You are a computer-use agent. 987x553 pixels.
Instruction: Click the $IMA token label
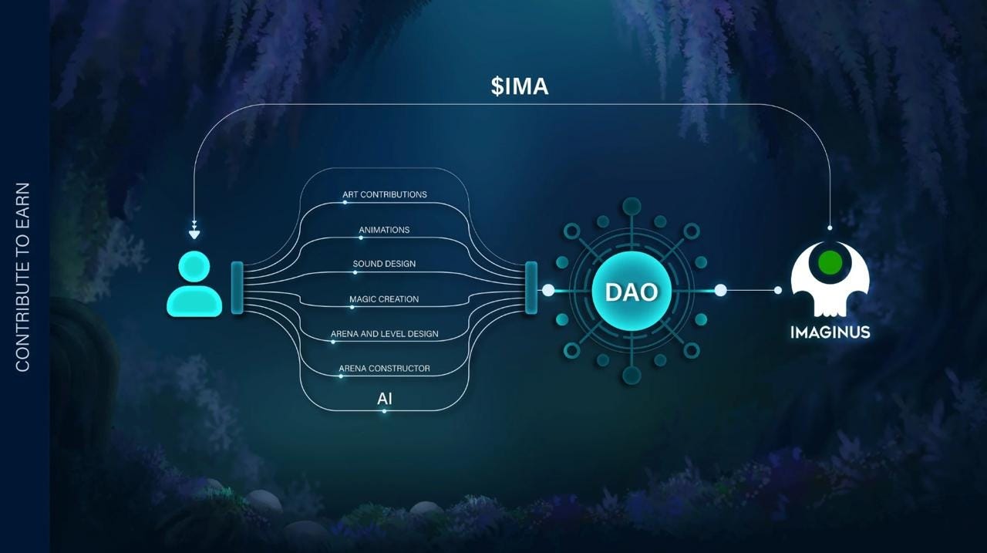pos(519,86)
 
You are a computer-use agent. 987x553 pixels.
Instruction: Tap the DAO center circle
pos(631,291)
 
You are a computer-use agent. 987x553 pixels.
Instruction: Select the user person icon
pos(194,285)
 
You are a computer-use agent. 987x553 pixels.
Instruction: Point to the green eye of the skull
pos(830,263)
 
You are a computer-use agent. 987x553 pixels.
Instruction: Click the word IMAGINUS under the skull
pos(830,332)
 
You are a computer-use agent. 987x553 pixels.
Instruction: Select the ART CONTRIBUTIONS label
pos(385,194)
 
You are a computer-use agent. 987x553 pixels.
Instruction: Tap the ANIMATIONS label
pos(384,230)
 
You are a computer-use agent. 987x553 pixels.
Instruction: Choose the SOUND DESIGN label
pos(384,264)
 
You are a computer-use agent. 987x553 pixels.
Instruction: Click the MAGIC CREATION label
pos(384,299)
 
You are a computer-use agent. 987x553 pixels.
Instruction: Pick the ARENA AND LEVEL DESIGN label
pos(384,334)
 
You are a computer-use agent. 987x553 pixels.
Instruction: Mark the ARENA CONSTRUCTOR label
pos(384,369)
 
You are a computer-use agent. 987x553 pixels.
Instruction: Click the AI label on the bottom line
pos(384,399)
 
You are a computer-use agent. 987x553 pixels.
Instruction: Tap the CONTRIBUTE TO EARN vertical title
pos(22,276)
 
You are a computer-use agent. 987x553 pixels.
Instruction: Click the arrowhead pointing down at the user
pos(194,234)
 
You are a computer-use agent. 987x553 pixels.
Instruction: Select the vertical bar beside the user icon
pos(237,288)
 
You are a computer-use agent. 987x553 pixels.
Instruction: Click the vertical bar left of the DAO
pos(531,288)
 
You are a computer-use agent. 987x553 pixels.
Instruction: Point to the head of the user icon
pos(194,267)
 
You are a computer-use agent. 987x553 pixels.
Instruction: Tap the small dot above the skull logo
pos(830,228)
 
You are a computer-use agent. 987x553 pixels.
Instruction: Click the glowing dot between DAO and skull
pos(720,290)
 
